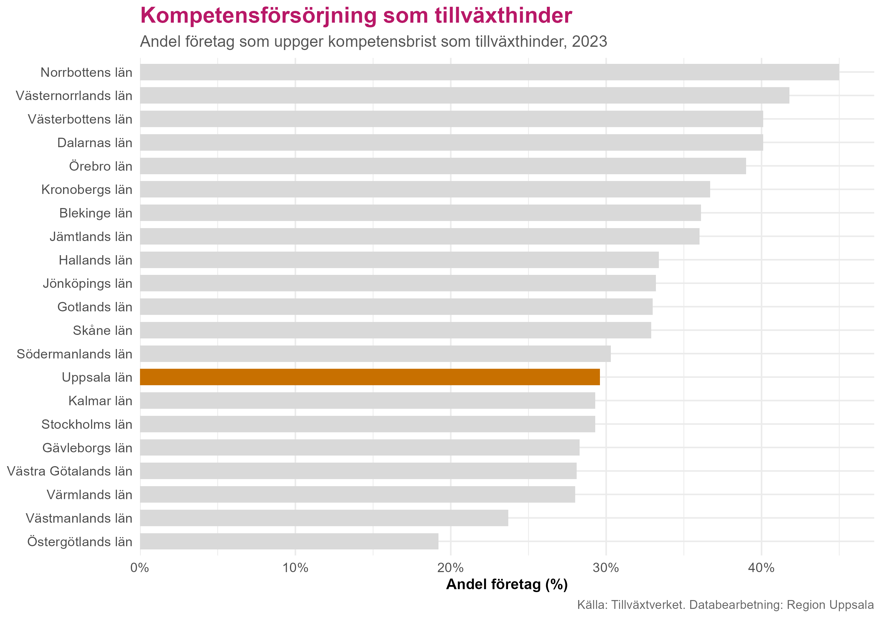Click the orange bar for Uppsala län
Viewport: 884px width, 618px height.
(x=370, y=377)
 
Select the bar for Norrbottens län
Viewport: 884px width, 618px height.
(x=489, y=72)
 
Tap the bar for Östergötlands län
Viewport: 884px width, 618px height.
(x=289, y=541)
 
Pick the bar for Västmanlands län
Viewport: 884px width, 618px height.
(x=324, y=518)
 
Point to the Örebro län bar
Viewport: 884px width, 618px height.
(x=443, y=166)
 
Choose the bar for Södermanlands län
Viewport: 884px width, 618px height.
(x=375, y=353)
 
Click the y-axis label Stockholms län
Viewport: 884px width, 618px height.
(x=87, y=424)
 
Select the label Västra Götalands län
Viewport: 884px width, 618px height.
(x=70, y=471)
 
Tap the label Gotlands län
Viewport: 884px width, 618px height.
(x=95, y=307)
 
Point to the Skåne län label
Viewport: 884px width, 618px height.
(x=103, y=330)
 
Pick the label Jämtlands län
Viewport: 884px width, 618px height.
(x=91, y=237)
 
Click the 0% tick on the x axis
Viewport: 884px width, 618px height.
(x=140, y=568)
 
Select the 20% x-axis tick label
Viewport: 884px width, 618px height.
(x=451, y=568)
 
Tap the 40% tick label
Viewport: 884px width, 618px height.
(x=761, y=568)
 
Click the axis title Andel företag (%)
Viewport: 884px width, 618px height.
(x=507, y=584)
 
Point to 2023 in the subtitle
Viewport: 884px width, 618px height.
(x=589, y=41)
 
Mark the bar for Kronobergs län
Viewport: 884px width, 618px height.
(x=425, y=189)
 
